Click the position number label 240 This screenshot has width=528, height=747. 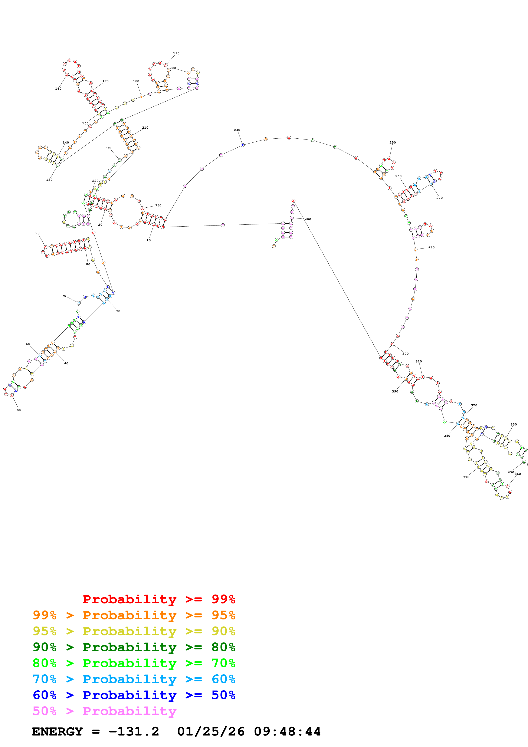click(x=237, y=130)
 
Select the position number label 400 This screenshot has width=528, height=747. click(x=308, y=220)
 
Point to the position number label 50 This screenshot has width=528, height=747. click(x=19, y=410)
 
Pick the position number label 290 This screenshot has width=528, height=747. click(x=431, y=247)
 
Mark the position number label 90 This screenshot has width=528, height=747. click(x=37, y=233)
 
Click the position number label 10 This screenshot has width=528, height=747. click(x=148, y=240)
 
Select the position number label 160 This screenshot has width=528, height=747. click(x=58, y=89)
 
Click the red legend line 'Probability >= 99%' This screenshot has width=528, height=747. click(x=159, y=599)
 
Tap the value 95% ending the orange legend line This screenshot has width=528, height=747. click(x=223, y=615)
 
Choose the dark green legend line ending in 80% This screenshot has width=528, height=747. click(x=134, y=647)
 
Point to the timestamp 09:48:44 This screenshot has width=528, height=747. click(x=287, y=732)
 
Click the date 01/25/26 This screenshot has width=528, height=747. click(x=211, y=732)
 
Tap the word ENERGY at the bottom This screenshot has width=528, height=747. click(x=57, y=732)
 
